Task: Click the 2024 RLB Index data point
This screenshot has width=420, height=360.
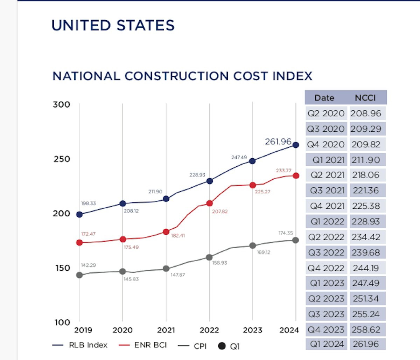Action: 296,145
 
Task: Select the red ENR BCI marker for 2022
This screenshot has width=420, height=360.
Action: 210,203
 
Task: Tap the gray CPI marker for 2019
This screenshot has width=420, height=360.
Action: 79,275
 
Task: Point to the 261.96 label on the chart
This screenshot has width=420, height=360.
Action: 278,141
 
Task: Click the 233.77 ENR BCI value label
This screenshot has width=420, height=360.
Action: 283,171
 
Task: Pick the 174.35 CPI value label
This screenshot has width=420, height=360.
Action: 286,233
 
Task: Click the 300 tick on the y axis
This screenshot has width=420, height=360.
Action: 62,104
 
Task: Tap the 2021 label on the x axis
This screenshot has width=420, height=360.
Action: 166,330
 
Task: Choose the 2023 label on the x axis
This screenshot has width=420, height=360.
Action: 252,330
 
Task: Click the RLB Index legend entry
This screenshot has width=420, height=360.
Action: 88,345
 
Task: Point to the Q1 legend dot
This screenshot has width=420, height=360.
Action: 222,346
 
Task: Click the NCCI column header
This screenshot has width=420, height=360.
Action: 365,98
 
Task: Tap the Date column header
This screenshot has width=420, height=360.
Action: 324,98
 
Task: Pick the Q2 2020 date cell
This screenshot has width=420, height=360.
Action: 326,113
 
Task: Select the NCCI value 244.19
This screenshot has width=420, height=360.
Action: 366,268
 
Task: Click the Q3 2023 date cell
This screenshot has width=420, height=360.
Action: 326,314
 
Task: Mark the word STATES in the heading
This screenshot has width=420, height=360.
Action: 145,26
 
